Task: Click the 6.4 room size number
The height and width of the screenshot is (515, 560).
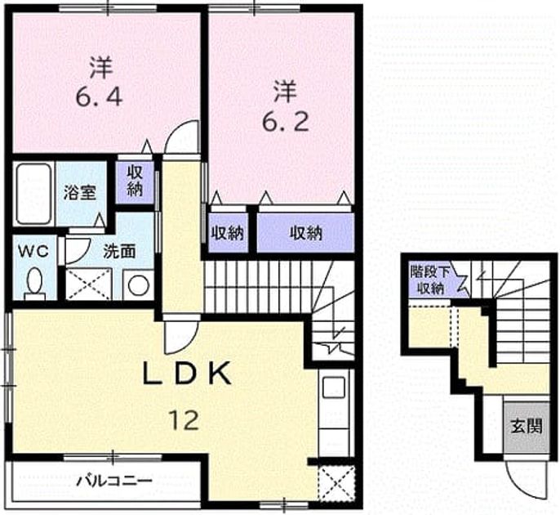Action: [x=99, y=96]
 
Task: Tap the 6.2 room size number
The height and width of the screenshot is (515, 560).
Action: [x=286, y=122]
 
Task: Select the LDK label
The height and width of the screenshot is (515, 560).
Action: [x=186, y=373]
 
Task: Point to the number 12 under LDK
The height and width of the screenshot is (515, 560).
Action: [x=184, y=420]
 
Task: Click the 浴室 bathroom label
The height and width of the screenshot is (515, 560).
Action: [x=80, y=193]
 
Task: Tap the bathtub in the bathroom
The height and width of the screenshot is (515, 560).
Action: [x=33, y=194]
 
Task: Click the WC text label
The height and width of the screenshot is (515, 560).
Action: [x=33, y=252]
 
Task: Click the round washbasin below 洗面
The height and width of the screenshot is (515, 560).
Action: [x=139, y=285]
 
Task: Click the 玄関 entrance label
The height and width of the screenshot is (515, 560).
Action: [x=527, y=427]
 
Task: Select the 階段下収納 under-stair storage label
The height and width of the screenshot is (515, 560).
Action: [x=430, y=280]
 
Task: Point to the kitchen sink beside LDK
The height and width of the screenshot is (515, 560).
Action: [x=334, y=387]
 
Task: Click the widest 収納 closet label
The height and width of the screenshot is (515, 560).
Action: [x=305, y=233]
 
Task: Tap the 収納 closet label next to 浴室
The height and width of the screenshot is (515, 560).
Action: [x=135, y=181]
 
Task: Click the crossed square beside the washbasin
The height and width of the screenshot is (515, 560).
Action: [x=88, y=284]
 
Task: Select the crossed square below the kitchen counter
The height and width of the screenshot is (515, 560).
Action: [x=336, y=484]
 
